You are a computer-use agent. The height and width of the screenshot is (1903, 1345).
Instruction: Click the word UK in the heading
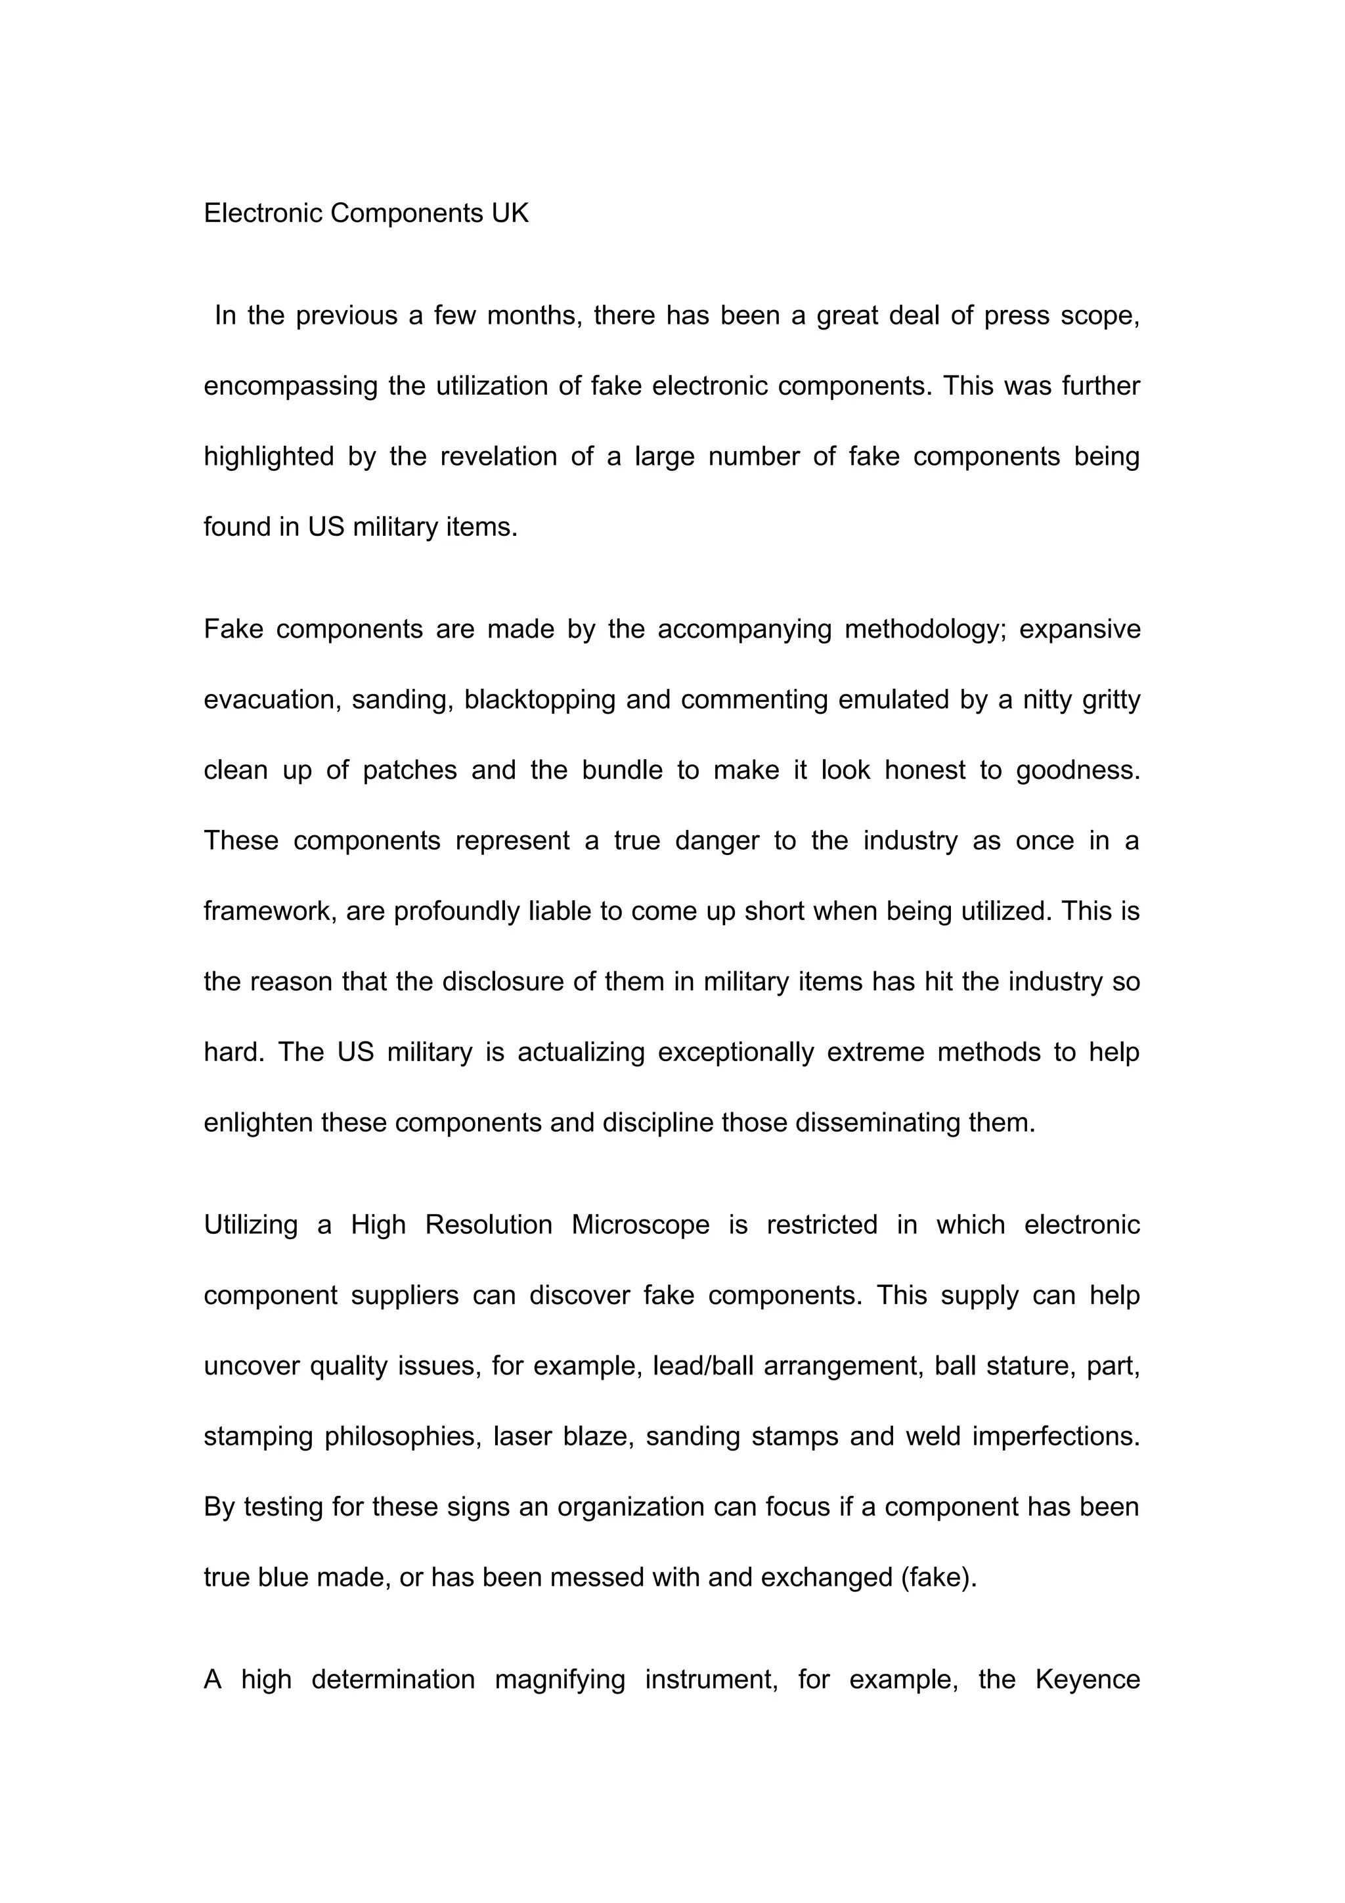[x=510, y=214]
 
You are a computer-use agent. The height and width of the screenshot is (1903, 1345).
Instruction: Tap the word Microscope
[x=640, y=1225]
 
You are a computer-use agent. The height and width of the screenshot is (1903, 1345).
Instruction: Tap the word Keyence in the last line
[x=1088, y=1679]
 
